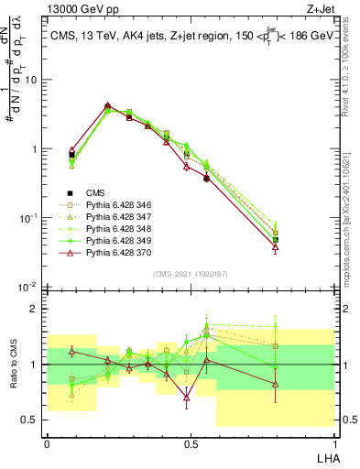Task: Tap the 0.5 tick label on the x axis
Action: coord(190,443)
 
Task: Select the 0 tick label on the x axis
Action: coord(47,443)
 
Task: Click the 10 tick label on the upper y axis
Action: coord(30,80)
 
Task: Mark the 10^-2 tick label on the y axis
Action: coord(27,288)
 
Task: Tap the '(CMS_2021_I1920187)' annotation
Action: coord(190,274)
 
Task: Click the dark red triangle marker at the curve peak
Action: coord(107,105)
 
